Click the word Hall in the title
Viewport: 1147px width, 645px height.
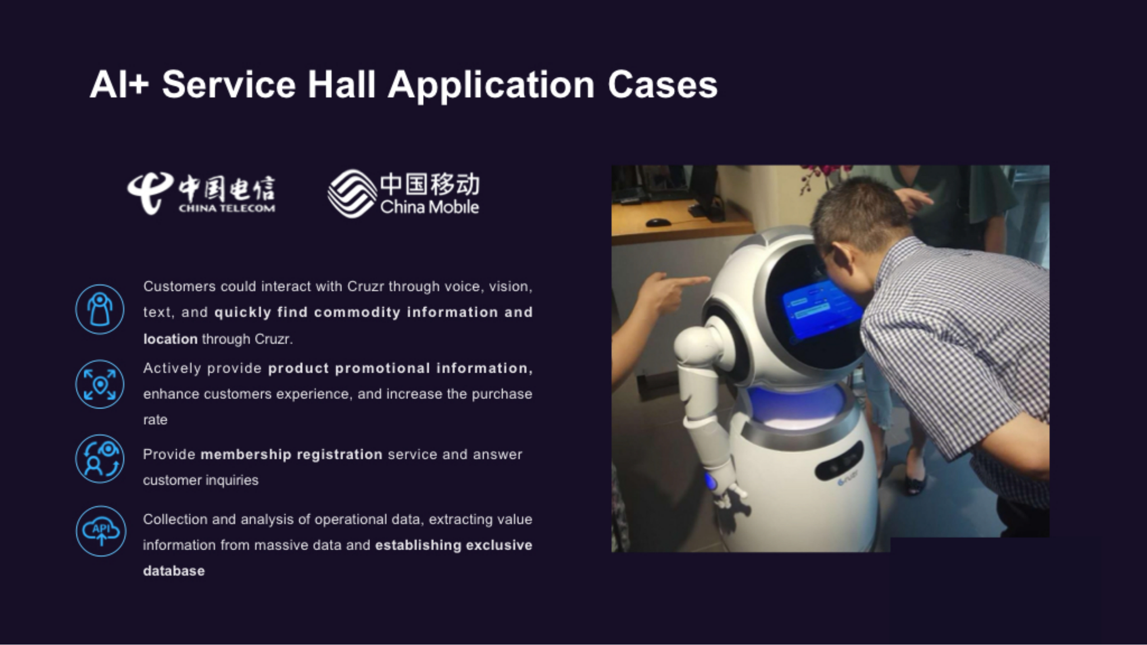click(x=342, y=85)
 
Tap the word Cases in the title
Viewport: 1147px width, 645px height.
click(x=663, y=85)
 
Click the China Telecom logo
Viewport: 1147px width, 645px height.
click(x=201, y=193)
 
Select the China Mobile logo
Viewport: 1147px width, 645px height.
click(x=403, y=193)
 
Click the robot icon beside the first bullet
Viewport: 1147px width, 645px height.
click(x=100, y=309)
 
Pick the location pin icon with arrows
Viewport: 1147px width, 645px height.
click(x=100, y=384)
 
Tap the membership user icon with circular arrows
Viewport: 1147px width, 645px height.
click(x=100, y=459)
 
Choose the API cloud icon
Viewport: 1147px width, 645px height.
click(x=101, y=531)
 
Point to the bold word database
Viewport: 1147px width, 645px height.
click(x=174, y=571)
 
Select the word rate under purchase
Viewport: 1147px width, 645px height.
click(x=155, y=420)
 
